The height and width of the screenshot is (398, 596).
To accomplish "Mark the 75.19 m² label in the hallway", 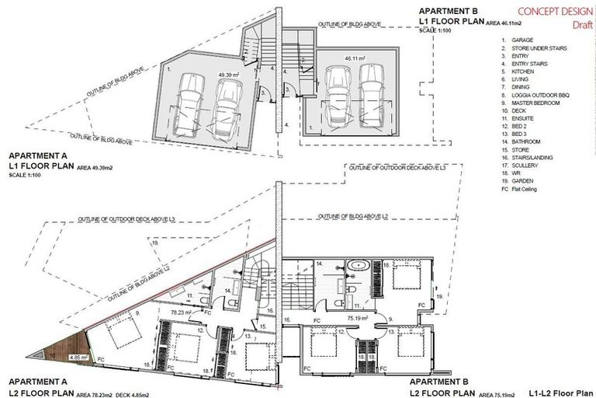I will (358, 317).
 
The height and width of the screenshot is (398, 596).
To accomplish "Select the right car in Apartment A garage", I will (226, 107).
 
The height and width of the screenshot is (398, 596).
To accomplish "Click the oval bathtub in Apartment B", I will (359, 267).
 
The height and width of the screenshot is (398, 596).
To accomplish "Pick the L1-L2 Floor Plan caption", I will (558, 382).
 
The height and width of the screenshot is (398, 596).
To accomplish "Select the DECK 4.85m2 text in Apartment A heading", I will (139, 393).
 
